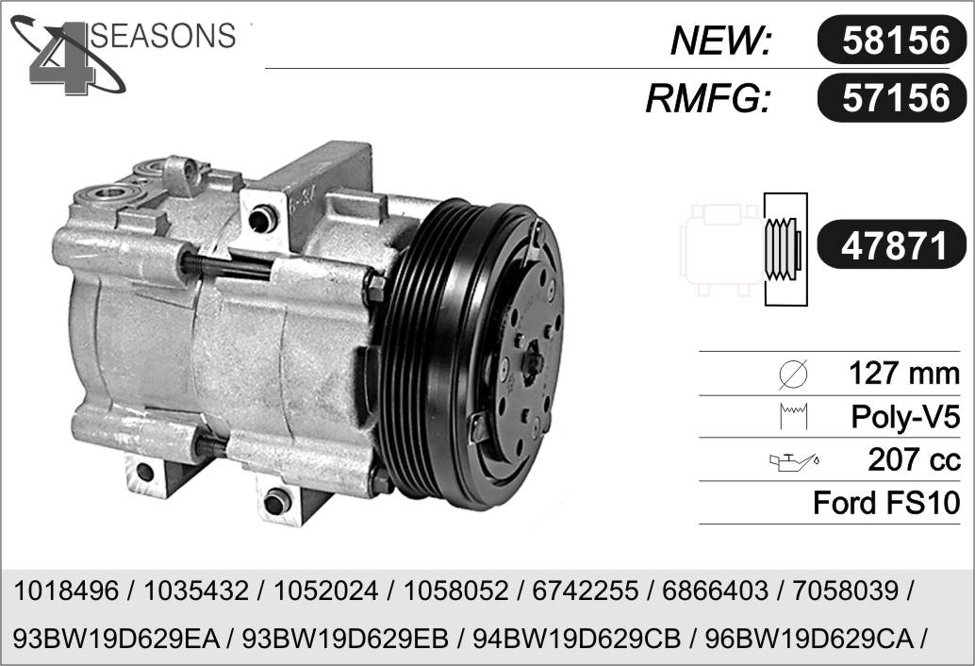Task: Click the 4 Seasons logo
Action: (x=124, y=55)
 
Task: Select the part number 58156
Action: (x=896, y=41)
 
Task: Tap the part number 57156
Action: (x=896, y=98)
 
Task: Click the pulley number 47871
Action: (x=894, y=244)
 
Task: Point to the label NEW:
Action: (x=720, y=42)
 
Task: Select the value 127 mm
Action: (x=904, y=374)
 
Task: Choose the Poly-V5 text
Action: (x=905, y=417)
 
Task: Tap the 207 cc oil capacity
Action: (x=914, y=460)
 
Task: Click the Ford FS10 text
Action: (x=886, y=503)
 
